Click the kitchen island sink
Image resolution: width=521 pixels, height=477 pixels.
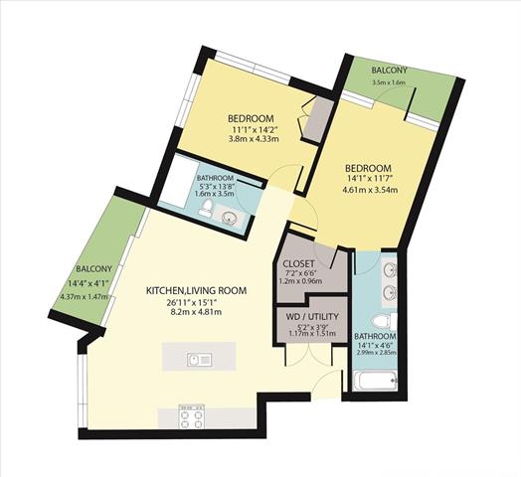pos(199,360)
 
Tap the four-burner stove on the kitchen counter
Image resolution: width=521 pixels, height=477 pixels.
pos(191,416)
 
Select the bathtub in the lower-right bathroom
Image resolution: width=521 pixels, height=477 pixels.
pos(376,381)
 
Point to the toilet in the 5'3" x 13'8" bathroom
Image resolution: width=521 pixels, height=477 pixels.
pos(206,209)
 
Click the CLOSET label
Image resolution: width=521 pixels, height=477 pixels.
pos(298,264)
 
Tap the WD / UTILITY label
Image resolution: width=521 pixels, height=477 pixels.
pos(312,317)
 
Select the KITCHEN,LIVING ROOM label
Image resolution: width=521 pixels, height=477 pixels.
pos(197,290)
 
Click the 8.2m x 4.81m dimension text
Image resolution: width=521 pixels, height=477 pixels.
pos(195,312)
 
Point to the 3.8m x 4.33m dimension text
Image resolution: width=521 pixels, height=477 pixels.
pos(254,139)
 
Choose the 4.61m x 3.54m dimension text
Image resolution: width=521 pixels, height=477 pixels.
pos(370,191)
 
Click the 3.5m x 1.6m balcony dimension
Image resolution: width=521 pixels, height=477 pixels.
pos(389,82)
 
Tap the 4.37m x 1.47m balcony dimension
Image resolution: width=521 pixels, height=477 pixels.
pos(85,296)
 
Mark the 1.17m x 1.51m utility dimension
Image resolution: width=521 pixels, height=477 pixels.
pos(312,334)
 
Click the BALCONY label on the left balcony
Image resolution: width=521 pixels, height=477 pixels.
pos(94,268)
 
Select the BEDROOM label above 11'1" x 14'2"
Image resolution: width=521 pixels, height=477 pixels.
pos(251,118)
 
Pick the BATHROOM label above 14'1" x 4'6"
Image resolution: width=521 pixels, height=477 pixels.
pos(375,336)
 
